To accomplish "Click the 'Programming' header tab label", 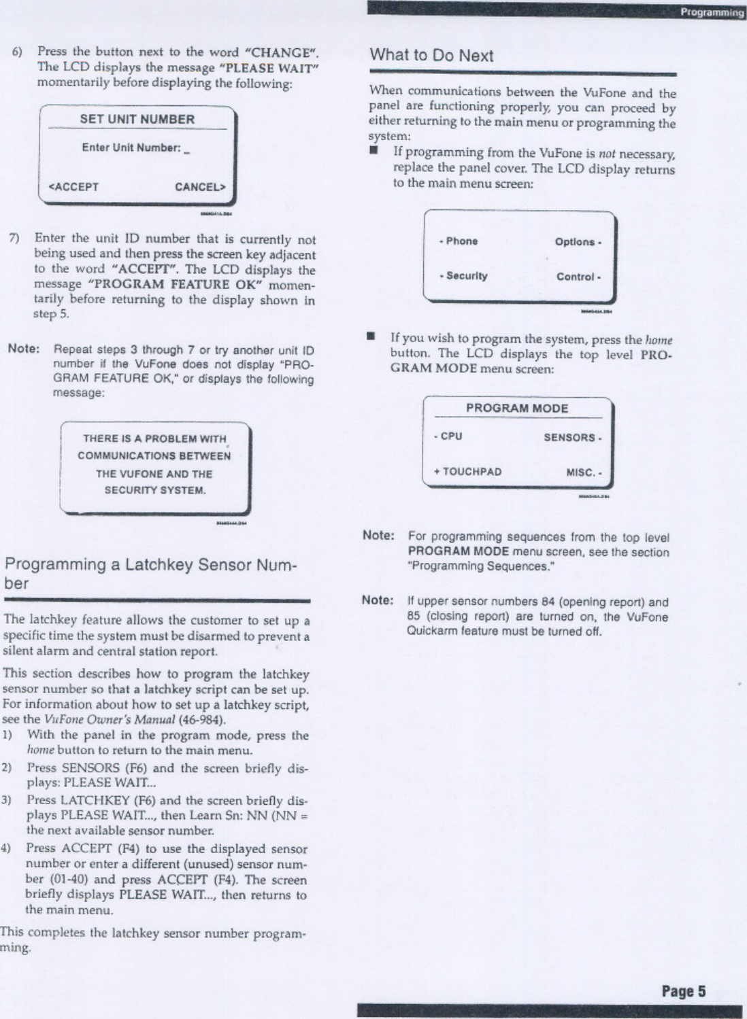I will [712, 12].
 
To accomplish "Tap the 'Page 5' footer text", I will [683, 991].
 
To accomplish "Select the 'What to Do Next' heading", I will [431, 56].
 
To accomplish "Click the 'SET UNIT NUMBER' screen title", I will [137, 119].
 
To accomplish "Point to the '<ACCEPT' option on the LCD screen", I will [73, 187].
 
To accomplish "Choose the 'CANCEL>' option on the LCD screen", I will [200, 187].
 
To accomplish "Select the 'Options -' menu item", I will [578, 242].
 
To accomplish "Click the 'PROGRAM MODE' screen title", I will [517, 408].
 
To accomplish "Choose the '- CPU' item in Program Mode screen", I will [448, 436].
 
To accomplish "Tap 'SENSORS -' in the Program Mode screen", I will [572, 438].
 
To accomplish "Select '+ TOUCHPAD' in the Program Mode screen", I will [467, 472].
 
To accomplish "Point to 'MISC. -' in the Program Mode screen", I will [584, 472].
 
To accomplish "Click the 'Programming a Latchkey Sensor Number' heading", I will [150, 573].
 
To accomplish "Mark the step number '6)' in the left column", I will [17, 52].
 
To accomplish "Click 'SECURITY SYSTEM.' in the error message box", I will [155, 490].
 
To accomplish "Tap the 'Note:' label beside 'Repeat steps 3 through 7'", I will [24, 349].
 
